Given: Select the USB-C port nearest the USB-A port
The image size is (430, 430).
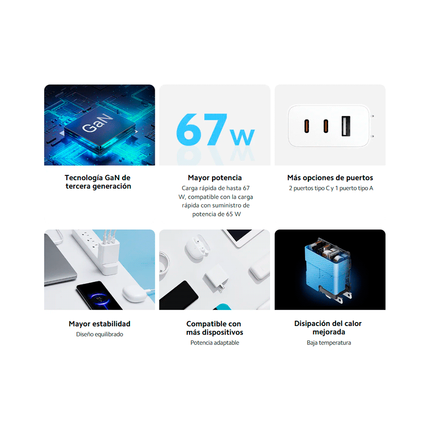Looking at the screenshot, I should click(326, 126).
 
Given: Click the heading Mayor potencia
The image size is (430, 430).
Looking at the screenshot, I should click(215, 178).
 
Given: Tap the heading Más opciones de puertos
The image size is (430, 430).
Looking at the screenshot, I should click(330, 178).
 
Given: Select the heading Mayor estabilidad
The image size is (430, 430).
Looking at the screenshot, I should click(99, 324).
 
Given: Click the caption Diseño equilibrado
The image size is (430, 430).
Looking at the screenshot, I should click(99, 334).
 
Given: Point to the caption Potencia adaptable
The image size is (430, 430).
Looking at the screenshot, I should click(215, 343).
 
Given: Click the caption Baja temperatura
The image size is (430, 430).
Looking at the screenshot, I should click(329, 343).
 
